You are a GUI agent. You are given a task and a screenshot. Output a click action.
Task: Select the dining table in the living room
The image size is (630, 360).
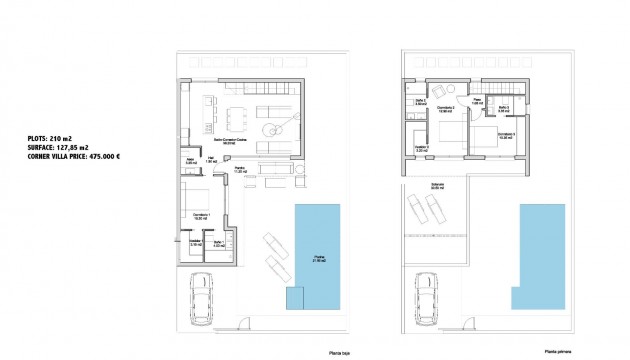click(x=239, y=109)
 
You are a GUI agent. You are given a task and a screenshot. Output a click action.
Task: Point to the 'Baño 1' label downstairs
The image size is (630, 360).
click(x=219, y=243)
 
